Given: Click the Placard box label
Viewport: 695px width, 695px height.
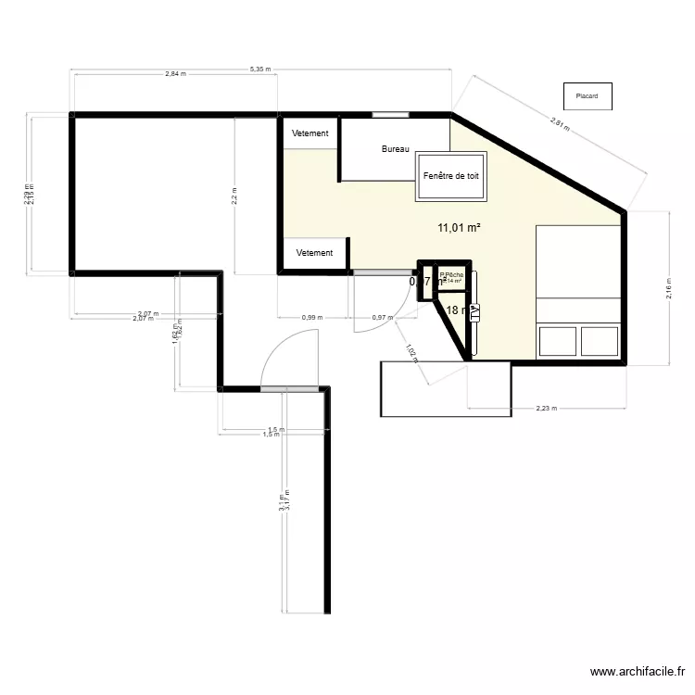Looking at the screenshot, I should point(587,95).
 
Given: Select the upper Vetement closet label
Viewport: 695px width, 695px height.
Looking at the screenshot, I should point(310,133).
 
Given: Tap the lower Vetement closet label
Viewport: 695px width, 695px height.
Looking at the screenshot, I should point(315,253).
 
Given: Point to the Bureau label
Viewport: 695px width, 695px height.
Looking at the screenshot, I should point(396,148).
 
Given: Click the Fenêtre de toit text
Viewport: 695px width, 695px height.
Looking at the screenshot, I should point(450,176).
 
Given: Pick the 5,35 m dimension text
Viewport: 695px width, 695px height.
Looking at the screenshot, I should point(259,69).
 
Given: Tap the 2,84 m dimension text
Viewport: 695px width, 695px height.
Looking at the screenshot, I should point(175,74).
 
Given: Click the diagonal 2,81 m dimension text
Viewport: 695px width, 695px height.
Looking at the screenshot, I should point(556,120).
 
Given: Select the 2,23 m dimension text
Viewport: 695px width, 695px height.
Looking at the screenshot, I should point(548,408).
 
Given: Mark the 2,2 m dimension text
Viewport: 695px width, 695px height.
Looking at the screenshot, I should point(234,196).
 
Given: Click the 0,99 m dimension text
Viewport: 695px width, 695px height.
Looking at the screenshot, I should point(312,318).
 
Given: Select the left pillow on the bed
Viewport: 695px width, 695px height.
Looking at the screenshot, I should point(558,340).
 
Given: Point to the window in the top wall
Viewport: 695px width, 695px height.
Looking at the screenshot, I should point(390,115).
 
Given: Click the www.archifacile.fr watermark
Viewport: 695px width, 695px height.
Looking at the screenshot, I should point(638,673).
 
